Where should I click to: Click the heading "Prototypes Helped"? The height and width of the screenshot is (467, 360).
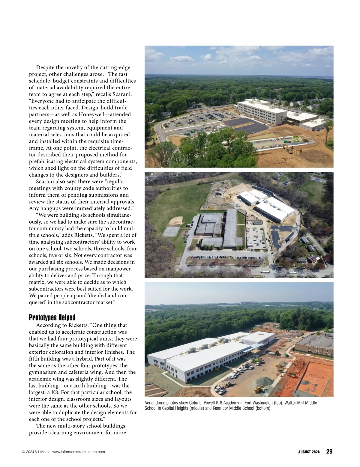pyautogui.click(x=52, y=317)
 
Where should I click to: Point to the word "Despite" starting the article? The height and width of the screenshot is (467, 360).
pyautogui.click(x=45, y=67)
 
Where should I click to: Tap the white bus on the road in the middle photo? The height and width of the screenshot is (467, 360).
pyautogui.click(x=265, y=272)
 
